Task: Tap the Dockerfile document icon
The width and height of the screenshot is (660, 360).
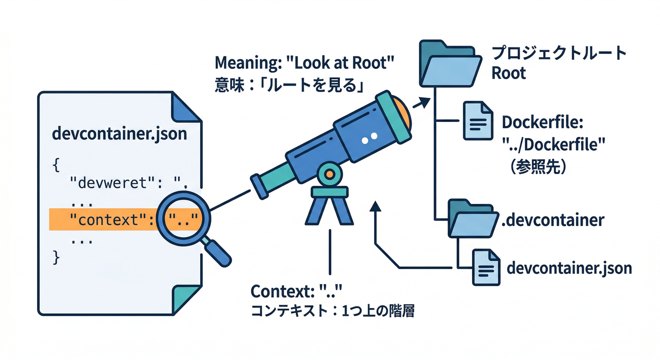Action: pyautogui.click(x=478, y=121)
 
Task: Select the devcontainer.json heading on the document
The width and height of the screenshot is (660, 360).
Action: pyautogui.click(x=120, y=134)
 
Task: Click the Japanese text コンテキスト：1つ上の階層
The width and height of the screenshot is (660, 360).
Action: pyautogui.click(x=333, y=311)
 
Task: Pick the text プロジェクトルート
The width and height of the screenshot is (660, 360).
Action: pyautogui.click(x=559, y=53)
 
